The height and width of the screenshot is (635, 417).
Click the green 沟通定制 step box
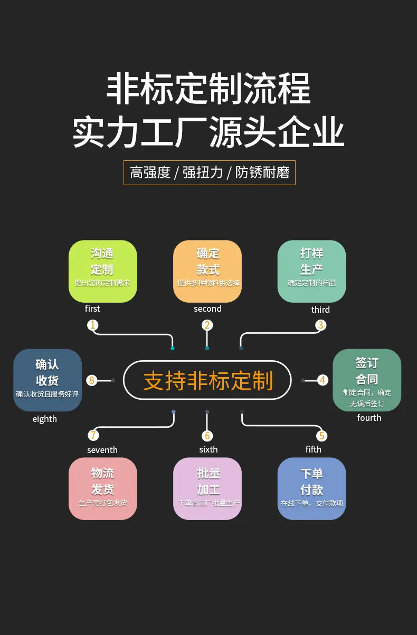103,271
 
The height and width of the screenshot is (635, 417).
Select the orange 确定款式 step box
207,271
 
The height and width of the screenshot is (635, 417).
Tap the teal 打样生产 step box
312,271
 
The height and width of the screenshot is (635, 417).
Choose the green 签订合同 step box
367,380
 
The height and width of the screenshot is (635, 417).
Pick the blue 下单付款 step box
312,489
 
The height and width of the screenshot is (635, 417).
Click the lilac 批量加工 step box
207,489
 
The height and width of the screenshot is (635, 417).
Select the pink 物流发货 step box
103,489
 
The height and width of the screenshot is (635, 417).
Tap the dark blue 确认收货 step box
48,380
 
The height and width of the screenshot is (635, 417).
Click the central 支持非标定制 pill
207,380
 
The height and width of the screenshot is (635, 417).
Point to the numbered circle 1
93,325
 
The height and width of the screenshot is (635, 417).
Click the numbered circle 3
321,325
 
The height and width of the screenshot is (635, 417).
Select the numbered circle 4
323,380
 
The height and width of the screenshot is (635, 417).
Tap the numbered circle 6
207,436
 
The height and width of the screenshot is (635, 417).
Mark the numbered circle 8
92,380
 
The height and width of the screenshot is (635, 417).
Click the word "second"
207,309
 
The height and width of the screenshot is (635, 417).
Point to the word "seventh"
102,450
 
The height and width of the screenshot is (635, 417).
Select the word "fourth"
369,418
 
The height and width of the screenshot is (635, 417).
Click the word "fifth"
313,449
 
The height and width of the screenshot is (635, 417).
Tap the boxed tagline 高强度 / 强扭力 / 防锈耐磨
210,172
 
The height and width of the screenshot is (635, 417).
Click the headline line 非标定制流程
209,88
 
